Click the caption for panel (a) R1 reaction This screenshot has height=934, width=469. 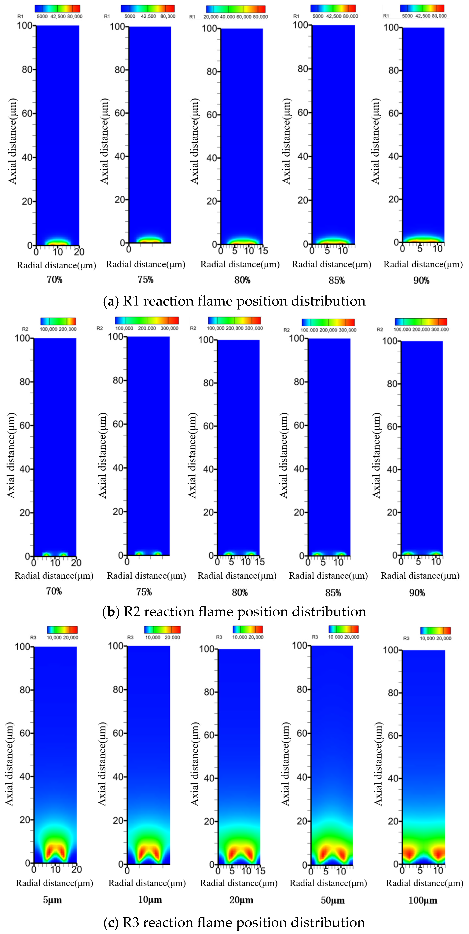pyautogui.click(x=234, y=301)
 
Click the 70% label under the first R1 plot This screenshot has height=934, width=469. pyautogui.click(x=54, y=280)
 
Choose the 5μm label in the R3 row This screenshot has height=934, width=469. pyautogui.click(x=53, y=900)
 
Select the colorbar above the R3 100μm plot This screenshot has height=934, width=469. pyautogui.click(x=435, y=631)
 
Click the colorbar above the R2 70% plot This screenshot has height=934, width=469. pyautogui.click(x=58, y=321)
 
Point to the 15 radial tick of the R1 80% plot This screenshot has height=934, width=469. pyautogui.click(x=263, y=251)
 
